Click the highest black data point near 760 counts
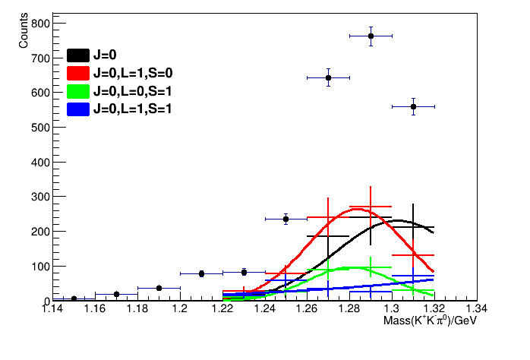[371, 36]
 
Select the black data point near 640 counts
[328, 77]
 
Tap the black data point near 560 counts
[413, 106]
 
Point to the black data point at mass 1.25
[286, 219]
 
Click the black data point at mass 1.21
[201, 273]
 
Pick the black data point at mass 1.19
[159, 288]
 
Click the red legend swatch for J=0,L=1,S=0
[78, 73]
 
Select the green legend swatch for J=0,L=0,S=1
[78, 91]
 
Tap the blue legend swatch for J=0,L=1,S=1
[78, 109]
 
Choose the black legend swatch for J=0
[78, 55]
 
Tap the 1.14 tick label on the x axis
[52, 309]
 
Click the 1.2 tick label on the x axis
[180, 309]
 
